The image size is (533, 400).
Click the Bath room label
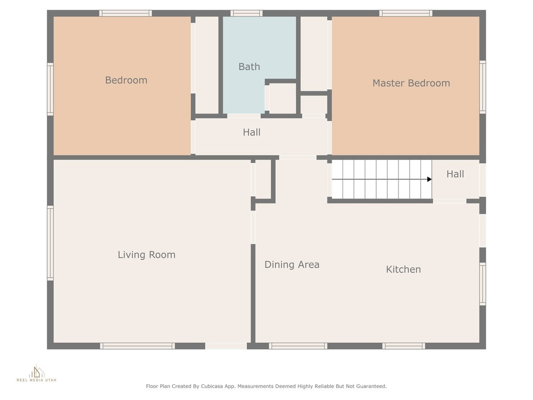pyautogui.click(x=249, y=67)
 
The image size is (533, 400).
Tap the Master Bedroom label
pyautogui.click(x=411, y=83)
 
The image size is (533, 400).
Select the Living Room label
pyautogui.click(x=146, y=255)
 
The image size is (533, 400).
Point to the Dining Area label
pyautogui.click(x=292, y=265)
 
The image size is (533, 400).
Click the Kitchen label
pyautogui.click(x=403, y=269)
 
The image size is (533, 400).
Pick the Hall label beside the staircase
pyautogui.click(x=455, y=174)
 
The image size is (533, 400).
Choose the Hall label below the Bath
pyautogui.click(x=251, y=132)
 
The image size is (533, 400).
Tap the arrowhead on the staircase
pyautogui.click(x=429, y=179)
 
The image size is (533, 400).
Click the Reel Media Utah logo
pyautogui.click(x=36, y=373)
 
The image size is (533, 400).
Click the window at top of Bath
pyautogui.click(x=246, y=13)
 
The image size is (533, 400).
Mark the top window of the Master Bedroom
pyautogui.click(x=406, y=13)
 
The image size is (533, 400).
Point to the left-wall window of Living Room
pyautogui.click(x=50, y=243)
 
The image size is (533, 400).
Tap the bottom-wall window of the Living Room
pyautogui.click(x=137, y=346)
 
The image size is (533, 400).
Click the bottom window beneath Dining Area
pyautogui.click(x=298, y=346)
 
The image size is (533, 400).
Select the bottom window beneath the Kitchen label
pyautogui.click(x=404, y=346)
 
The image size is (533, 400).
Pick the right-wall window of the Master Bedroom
pyautogui.click(x=483, y=87)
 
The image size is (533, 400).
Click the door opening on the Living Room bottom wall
pyautogui.click(x=226, y=346)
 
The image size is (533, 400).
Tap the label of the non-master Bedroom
pyautogui.click(x=126, y=80)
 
